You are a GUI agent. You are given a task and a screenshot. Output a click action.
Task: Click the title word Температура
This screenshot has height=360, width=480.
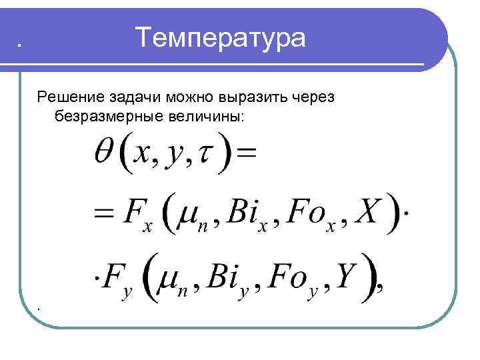click(x=221, y=38)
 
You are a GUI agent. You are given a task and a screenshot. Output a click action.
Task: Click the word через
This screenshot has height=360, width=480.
click(x=313, y=97)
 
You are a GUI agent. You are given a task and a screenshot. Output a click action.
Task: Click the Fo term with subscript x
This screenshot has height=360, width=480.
click(x=309, y=213)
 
